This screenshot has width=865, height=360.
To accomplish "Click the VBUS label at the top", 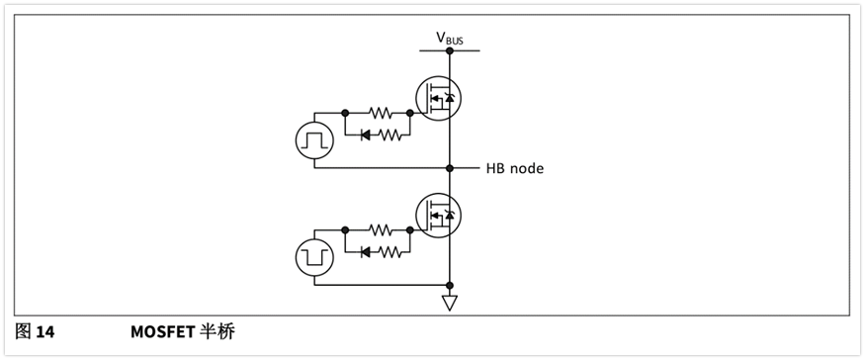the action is click(x=450, y=39).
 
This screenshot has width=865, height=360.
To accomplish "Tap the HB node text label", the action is click(x=515, y=168).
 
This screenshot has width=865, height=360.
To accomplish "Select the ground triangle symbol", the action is click(x=450, y=303).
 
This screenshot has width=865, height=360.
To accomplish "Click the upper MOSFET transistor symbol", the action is click(x=438, y=98).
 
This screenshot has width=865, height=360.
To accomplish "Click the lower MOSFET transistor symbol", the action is click(x=438, y=216).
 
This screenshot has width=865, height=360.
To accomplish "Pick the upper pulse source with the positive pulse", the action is click(x=314, y=140).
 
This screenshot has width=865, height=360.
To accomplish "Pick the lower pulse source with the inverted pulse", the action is click(x=314, y=258).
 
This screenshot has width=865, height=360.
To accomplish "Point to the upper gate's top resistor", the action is click(x=381, y=113).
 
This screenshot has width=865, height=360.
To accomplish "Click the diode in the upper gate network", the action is click(x=365, y=135).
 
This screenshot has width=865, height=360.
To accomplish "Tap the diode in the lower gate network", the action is click(x=365, y=252).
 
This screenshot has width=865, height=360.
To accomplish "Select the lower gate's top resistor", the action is click(x=381, y=229).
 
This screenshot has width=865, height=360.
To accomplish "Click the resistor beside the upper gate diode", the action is click(x=389, y=135).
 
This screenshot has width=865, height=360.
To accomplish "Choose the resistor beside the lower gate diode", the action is click(x=389, y=252).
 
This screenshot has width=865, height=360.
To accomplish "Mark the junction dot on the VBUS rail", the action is click(x=450, y=50).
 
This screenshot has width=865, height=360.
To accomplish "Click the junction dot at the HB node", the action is click(x=450, y=168).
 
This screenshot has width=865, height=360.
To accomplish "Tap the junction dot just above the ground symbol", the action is click(x=450, y=285).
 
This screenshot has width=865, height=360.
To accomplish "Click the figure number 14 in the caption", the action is click(x=45, y=332).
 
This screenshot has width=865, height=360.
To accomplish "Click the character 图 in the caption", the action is click(x=23, y=332).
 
